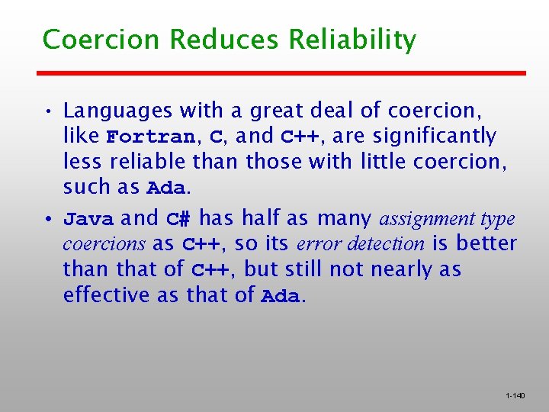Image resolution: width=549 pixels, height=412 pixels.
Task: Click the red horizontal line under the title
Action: [282, 73]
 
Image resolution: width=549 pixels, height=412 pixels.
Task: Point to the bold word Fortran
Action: [150, 138]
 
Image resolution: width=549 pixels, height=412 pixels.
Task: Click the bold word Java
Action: [88, 220]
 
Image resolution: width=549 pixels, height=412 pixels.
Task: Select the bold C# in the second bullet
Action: [179, 220]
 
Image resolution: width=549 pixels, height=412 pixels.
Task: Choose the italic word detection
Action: [394, 245]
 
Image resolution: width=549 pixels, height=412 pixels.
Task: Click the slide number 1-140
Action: [515, 396]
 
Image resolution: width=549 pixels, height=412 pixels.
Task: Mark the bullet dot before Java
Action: [47, 220]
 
